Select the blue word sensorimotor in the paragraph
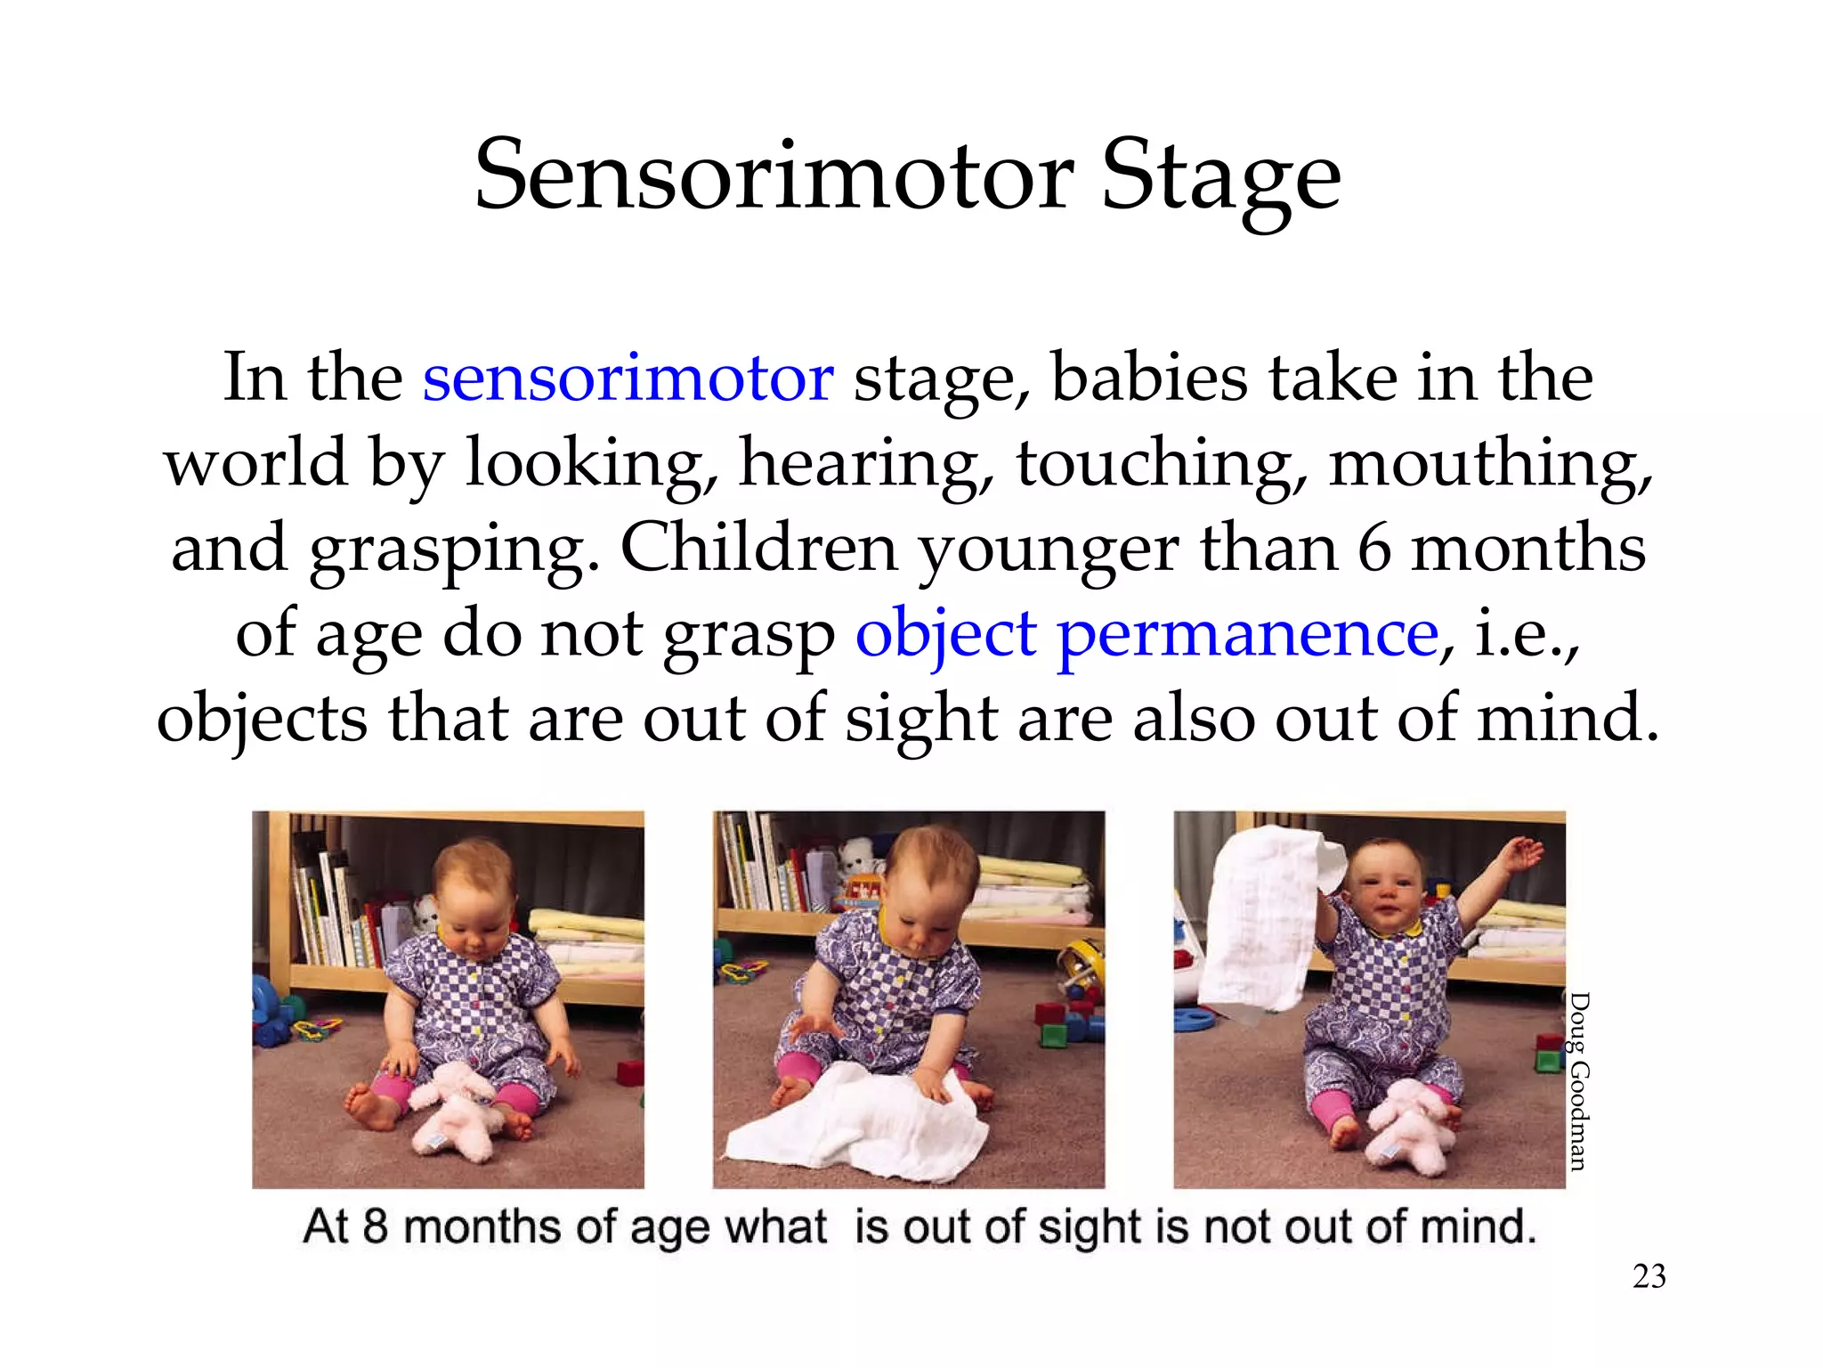click(628, 378)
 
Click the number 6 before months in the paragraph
click(1373, 549)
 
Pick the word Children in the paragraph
click(758, 549)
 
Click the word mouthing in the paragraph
click(1489, 464)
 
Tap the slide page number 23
click(1649, 1276)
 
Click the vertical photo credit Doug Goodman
click(1578, 1081)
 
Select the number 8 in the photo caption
click(375, 1226)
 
